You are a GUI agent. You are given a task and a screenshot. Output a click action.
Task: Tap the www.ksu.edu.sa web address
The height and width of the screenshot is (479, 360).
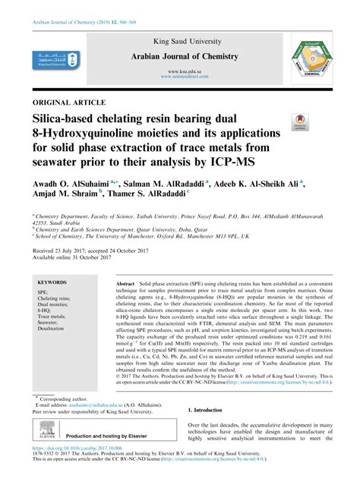(x=179, y=71)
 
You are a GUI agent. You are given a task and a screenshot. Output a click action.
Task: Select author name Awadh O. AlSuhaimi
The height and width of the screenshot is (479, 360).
(x=74, y=185)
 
